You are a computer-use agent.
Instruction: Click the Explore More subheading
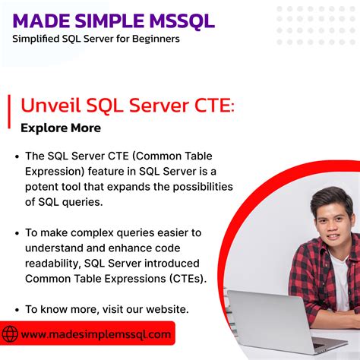[61, 128]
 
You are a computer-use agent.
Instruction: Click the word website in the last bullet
[159, 309]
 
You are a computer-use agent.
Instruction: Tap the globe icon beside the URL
[11, 334]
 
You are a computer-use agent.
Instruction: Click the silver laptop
[273, 319]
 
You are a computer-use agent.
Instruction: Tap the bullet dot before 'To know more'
[17, 309]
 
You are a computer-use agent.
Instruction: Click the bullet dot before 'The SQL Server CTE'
[17, 156]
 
